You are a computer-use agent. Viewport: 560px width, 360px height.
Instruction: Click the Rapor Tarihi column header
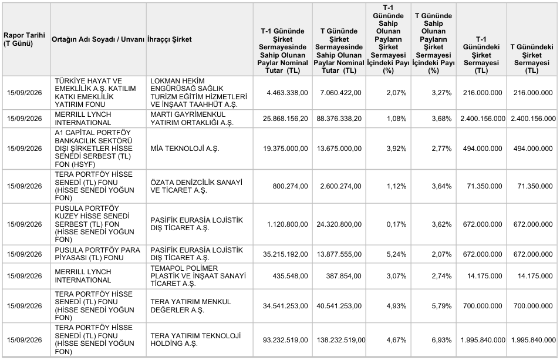pos(24,39)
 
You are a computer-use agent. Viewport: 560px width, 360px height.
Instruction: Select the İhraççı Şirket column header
pos(169,39)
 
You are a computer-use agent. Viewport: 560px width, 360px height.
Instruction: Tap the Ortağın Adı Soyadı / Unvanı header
pos(98,39)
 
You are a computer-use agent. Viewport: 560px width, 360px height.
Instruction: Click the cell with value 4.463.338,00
pos(287,93)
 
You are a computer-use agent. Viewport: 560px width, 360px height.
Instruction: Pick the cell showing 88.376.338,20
pos(339,119)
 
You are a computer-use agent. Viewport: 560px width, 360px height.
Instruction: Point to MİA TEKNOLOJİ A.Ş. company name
pos(185,149)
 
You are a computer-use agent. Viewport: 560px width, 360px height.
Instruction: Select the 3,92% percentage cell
pos(396,149)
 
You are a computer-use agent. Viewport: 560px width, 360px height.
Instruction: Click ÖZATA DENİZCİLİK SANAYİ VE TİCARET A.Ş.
pos(196,186)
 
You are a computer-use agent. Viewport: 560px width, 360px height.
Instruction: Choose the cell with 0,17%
pos(396,224)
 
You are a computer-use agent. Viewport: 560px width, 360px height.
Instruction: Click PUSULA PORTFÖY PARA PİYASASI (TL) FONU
pos(97,254)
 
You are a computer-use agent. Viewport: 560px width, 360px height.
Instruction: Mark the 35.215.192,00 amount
pos(285,254)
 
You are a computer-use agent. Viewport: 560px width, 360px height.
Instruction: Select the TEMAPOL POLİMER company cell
pos(198,276)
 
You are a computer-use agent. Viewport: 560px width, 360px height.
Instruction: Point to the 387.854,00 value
pos(343,276)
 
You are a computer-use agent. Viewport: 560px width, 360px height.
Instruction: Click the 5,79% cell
pos(442,306)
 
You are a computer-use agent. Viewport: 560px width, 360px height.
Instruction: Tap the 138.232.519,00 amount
pos(340,340)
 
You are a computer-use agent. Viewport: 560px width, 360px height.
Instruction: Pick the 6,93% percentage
pos(442,340)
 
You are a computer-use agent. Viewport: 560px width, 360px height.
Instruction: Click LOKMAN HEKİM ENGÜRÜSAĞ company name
pos(198,93)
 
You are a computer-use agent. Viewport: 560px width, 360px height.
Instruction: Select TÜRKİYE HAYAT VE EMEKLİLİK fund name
pos(95,93)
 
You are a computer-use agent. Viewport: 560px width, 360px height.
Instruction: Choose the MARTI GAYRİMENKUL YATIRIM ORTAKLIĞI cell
pos(192,119)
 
